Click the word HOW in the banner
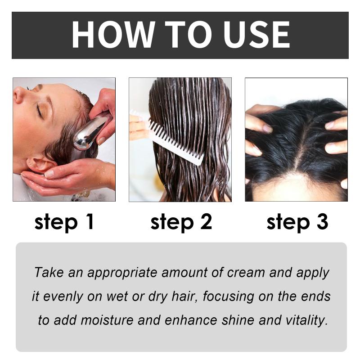pyautogui.click(x=113, y=35)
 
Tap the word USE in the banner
pyautogui.click(x=256, y=35)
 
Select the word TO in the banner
pyautogui.click(x=189, y=35)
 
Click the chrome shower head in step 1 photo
pyautogui.click(x=91, y=132)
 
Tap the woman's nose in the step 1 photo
pyautogui.click(x=19, y=94)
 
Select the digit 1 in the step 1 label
pyautogui.click(x=90, y=221)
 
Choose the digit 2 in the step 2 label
pyautogui.click(x=206, y=221)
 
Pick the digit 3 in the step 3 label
pyautogui.click(x=322, y=221)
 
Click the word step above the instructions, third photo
pyautogui.click(x=288, y=222)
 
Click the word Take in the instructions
pyautogui.click(x=49, y=272)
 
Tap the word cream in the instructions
pyautogui.click(x=246, y=273)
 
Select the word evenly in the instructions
pyautogui.click(x=63, y=297)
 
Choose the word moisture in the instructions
pyautogui.click(x=107, y=320)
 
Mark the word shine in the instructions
pyautogui.click(x=238, y=320)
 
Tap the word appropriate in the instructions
pyautogui.click(x=122, y=273)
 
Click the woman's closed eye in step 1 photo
pyautogui.click(x=39, y=109)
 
